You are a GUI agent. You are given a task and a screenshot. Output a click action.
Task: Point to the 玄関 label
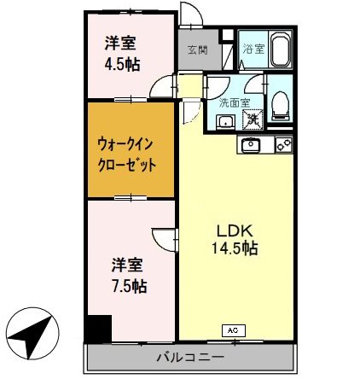click(x=197, y=50)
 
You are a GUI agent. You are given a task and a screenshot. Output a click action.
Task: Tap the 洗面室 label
click(x=230, y=102)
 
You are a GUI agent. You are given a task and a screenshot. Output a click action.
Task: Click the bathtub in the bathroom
click(x=281, y=53)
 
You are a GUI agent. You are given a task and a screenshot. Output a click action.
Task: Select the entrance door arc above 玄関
click(x=192, y=15)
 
